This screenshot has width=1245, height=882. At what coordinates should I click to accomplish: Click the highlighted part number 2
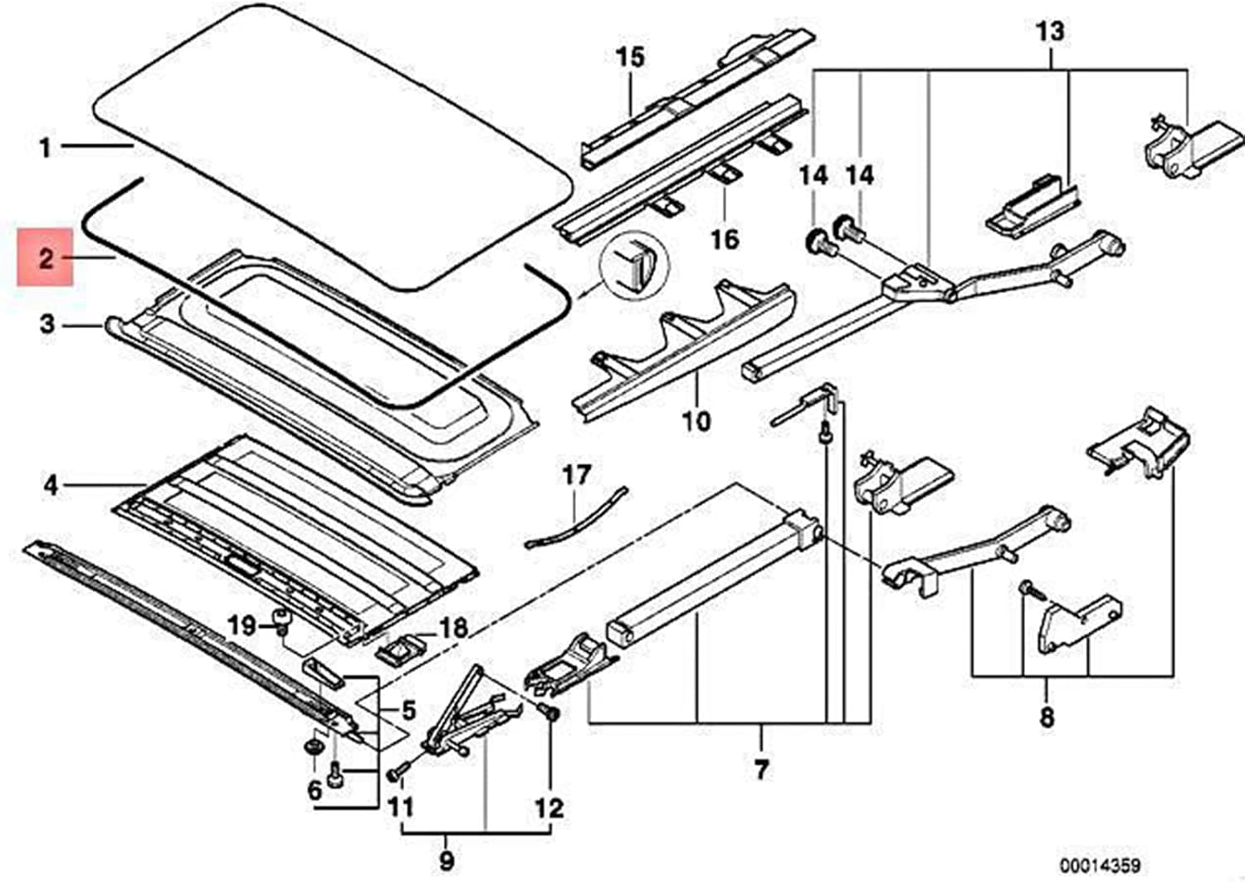click(46, 258)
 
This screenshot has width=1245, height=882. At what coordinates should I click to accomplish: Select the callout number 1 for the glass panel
click(45, 149)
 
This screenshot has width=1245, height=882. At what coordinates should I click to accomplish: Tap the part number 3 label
click(47, 323)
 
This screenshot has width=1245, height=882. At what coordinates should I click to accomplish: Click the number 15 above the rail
click(630, 57)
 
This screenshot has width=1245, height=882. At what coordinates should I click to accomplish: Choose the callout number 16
click(726, 240)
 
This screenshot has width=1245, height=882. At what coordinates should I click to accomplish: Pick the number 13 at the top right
click(1050, 31)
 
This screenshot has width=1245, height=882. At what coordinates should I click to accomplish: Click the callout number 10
click(697, 421)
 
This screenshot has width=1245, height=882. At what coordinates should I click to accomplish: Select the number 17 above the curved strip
click(576, 475)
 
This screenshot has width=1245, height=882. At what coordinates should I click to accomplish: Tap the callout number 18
click(454, 629)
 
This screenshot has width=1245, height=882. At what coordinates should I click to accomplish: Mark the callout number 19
click(242, 627)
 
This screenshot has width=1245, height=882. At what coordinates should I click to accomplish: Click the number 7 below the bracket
click(761, 770)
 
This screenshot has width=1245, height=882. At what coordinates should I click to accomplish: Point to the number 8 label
click(1047, 718)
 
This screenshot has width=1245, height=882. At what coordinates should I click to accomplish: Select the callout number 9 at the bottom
click(447, 861)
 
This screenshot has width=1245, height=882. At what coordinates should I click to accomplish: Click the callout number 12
click(549, 809)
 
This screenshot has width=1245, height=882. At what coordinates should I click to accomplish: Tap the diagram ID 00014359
click(1099, 865)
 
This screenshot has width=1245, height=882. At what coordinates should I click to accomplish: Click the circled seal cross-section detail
click(635, 267)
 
